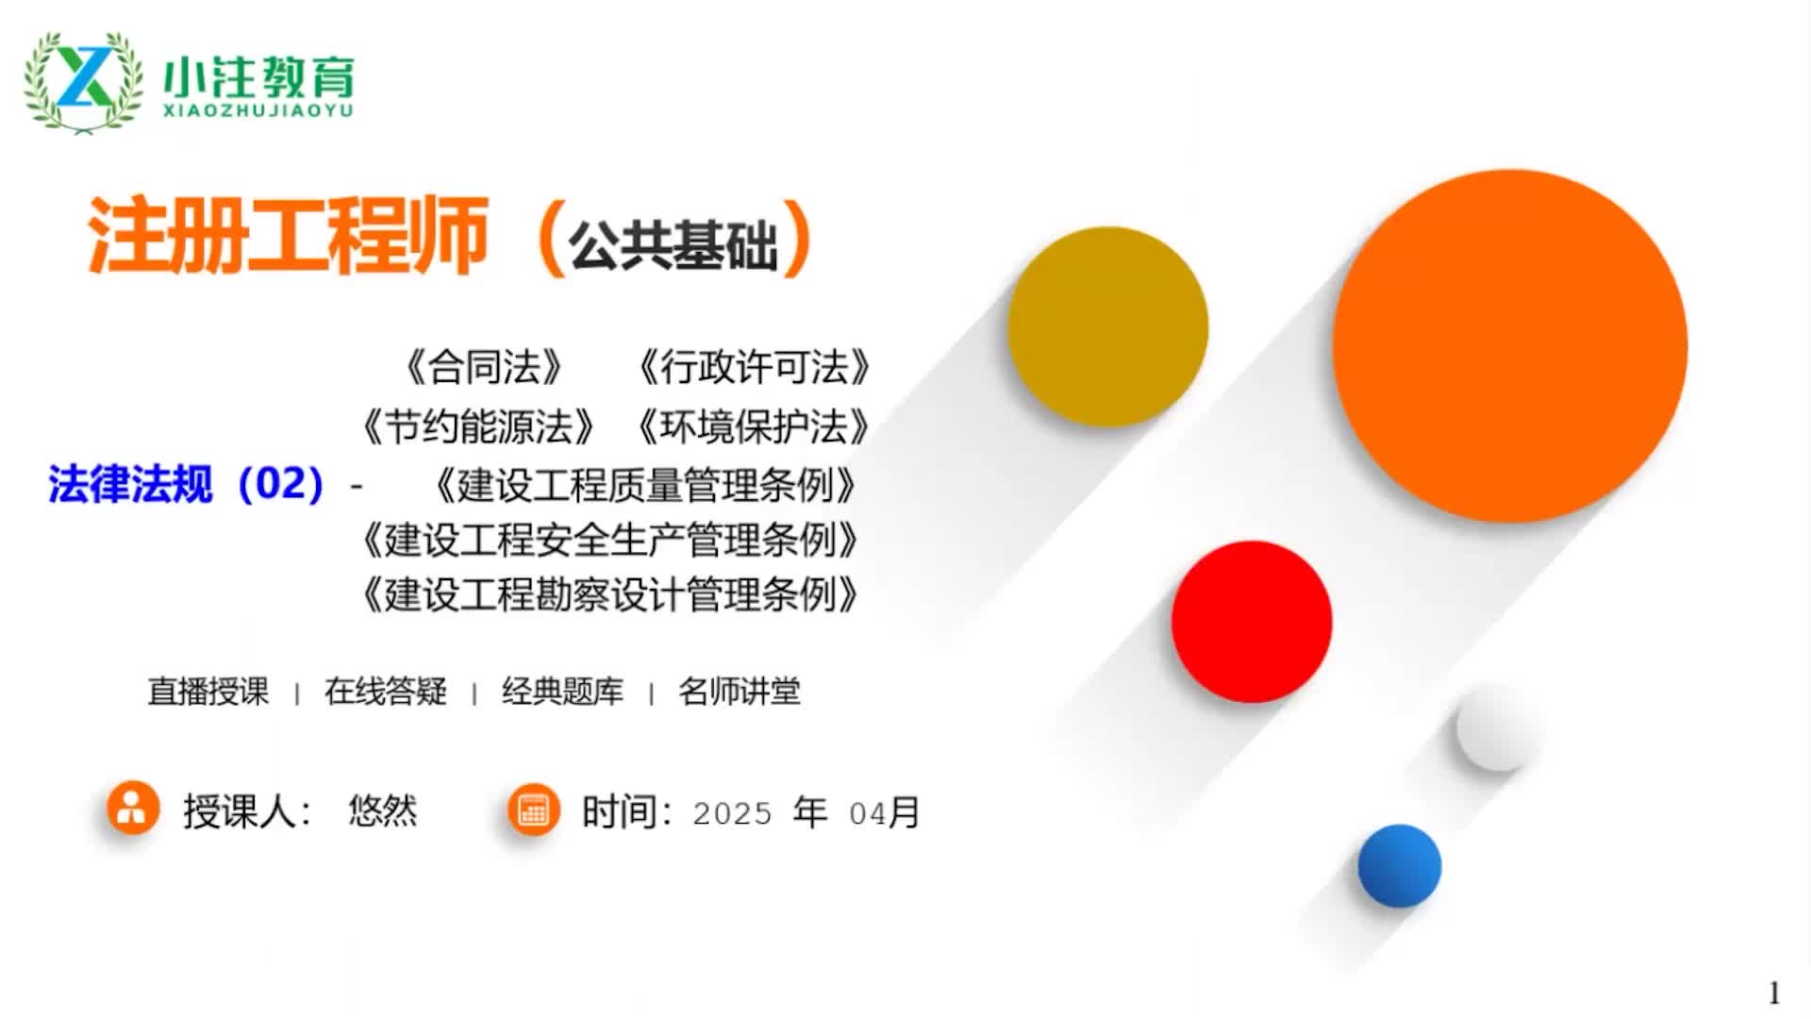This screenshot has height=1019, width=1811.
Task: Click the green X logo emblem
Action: point(84,81)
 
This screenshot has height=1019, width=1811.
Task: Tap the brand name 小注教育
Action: point(258,77)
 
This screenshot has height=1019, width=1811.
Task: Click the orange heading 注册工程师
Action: point(288,236)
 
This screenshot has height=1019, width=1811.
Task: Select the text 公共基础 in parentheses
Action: point(673,245)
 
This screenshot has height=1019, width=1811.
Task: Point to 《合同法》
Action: point(485,367)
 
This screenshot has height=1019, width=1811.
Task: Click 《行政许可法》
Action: point(755,367)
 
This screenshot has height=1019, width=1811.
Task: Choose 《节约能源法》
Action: point(478,426)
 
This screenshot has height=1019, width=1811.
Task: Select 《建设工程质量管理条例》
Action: point(645,485)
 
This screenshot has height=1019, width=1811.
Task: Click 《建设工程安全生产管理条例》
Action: point(610,540)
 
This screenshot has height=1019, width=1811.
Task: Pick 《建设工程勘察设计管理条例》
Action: point(610,594)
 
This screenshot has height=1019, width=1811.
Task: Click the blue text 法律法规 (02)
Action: point(187,484)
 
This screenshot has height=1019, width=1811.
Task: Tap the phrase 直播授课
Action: point(208,692)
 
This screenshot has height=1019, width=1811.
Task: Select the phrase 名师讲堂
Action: point(739,692)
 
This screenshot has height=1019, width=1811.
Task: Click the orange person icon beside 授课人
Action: point(133,808)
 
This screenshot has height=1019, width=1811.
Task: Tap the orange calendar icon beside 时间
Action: point(534,810)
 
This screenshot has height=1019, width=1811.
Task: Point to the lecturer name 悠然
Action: point(383,810)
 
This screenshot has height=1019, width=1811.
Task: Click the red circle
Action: point(1252,622)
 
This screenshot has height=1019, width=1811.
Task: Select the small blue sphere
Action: point(1400,866)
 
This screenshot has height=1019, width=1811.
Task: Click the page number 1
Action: point(1774,993)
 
